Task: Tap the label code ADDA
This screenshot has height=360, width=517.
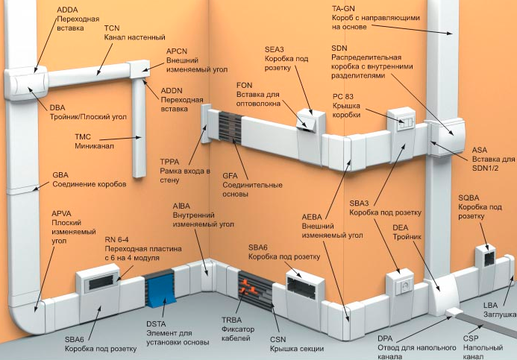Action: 69,9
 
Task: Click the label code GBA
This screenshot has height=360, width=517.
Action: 61,174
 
